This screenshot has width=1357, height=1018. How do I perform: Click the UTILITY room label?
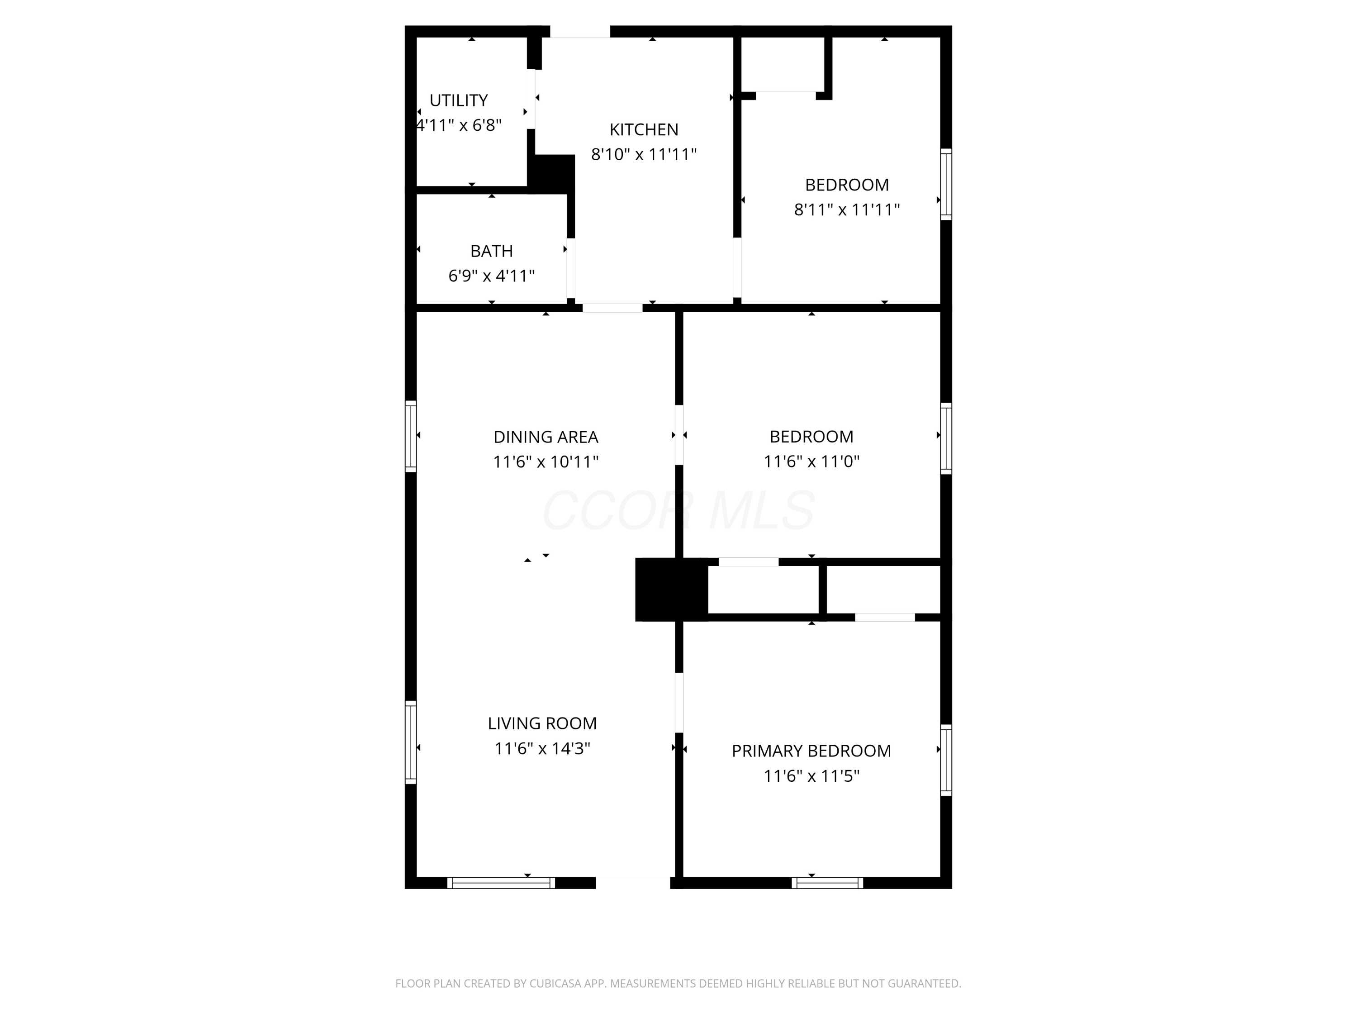pos(458,100)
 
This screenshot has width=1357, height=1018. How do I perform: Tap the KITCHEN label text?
pos(644,129)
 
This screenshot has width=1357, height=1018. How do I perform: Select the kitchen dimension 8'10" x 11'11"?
pos(644,154)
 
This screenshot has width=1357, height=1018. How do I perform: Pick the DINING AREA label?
pos(546,437)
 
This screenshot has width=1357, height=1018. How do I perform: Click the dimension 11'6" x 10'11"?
pos(546,461)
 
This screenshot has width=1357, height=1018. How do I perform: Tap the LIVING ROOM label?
pos(542,723)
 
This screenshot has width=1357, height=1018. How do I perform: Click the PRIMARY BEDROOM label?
pos(811,751)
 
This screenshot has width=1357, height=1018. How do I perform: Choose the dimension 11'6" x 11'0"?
pos(811,461)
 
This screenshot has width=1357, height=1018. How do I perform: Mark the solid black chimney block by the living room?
pos(671,589)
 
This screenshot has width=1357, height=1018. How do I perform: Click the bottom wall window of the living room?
pos(501,883)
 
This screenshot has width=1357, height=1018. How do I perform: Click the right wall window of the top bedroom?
pos(947,184)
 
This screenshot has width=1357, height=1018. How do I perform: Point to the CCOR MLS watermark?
pos(678,510)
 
